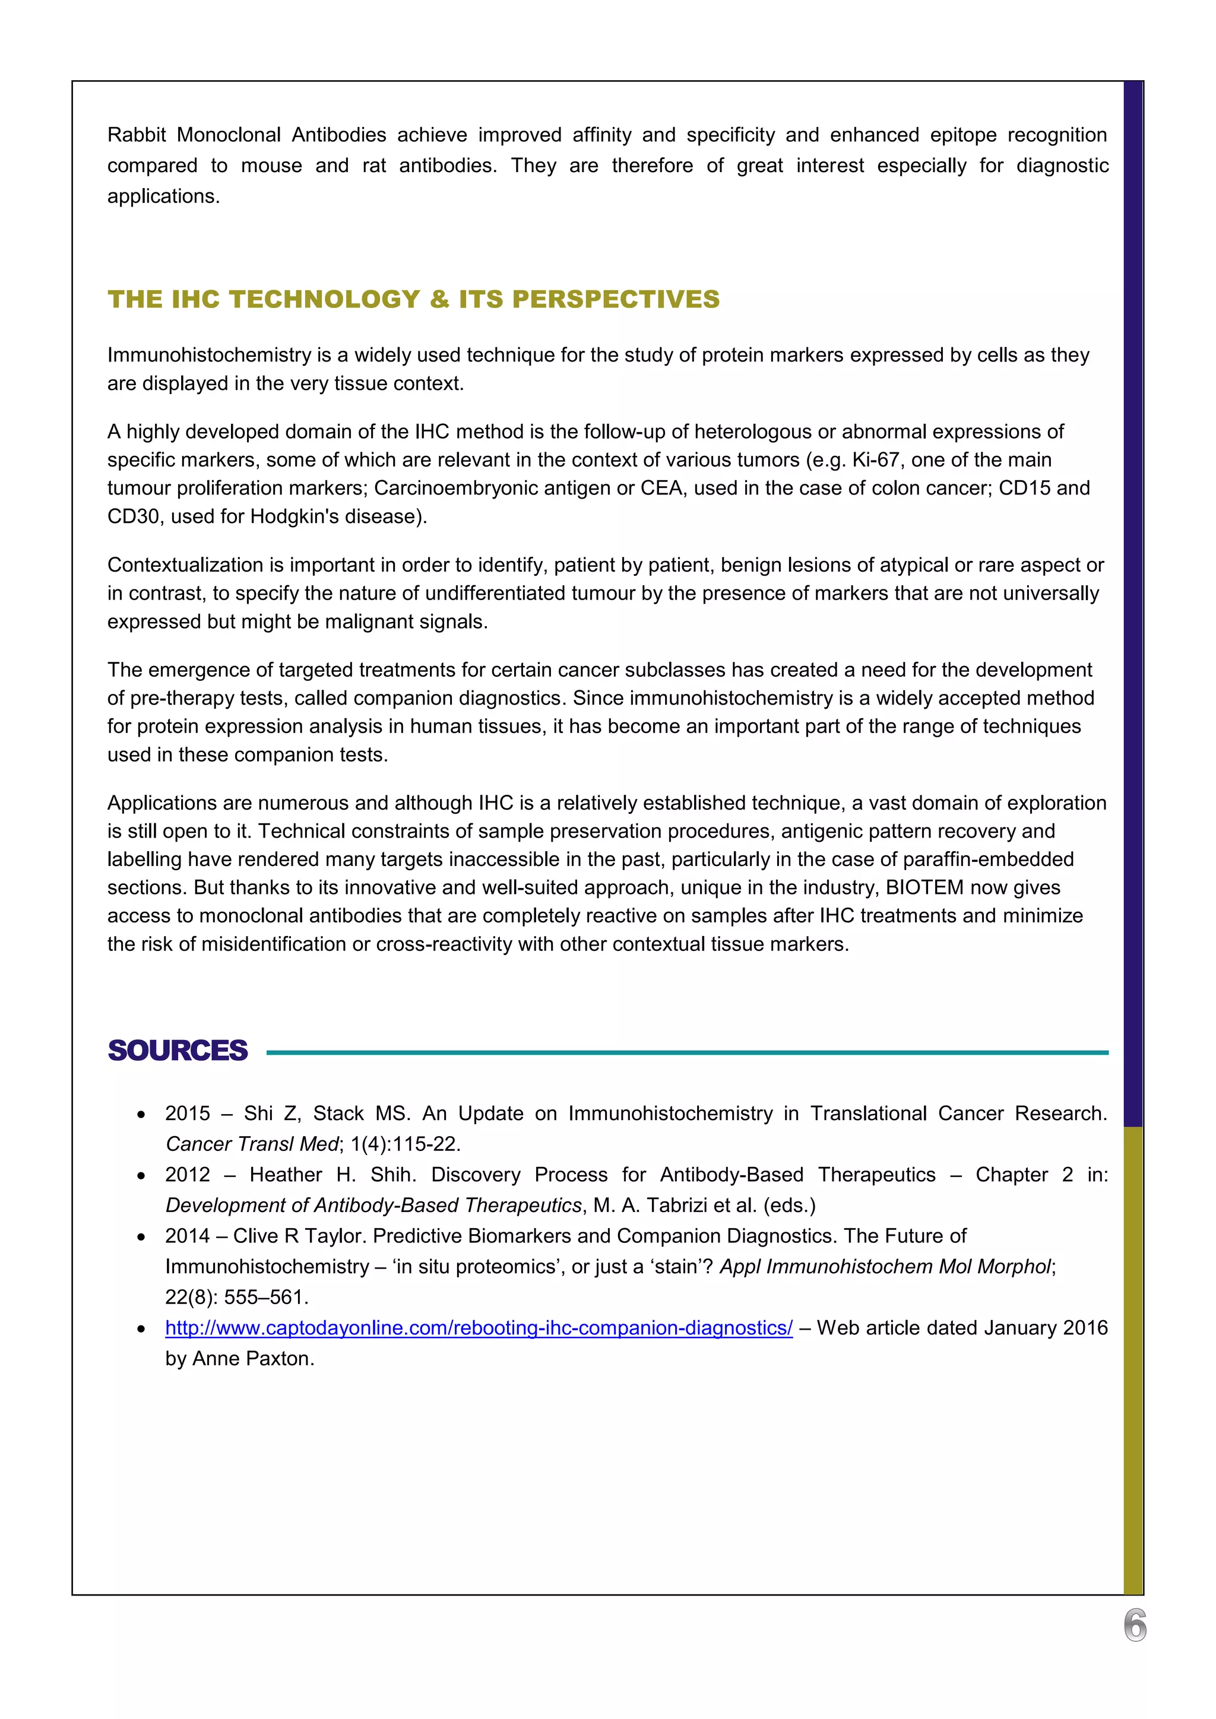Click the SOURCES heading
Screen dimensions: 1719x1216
pyautogui.click(x=178, y=1051)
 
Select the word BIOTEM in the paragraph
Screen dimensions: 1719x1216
pyautogui.click(x=924, y=887)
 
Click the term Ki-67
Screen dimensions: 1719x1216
pyautogui.click(x=875, y=459)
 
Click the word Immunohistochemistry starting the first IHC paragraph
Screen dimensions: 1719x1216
pyautogui.click(x=209, y=355)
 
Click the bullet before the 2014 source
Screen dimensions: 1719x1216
pyautogui.click(x=141, y=1237)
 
